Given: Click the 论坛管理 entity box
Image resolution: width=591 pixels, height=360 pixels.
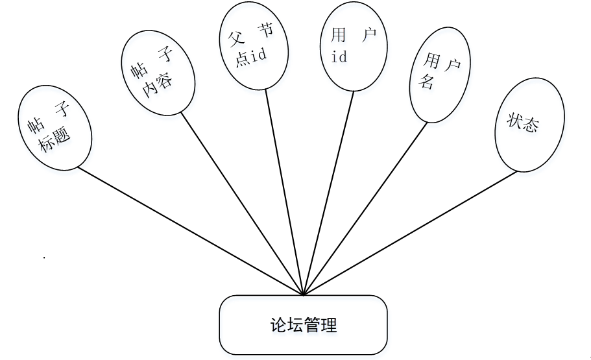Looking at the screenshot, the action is click(304, 325).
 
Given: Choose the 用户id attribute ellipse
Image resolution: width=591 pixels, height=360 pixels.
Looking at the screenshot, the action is click(354, 47).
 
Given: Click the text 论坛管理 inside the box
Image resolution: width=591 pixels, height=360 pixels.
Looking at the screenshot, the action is click(304, 325).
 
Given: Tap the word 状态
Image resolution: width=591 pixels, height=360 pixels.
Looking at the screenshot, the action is click(524, 123).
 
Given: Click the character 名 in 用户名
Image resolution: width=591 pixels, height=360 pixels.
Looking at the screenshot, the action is click(428, 82).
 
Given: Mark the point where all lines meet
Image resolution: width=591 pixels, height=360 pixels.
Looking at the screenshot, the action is click(304, 294).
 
